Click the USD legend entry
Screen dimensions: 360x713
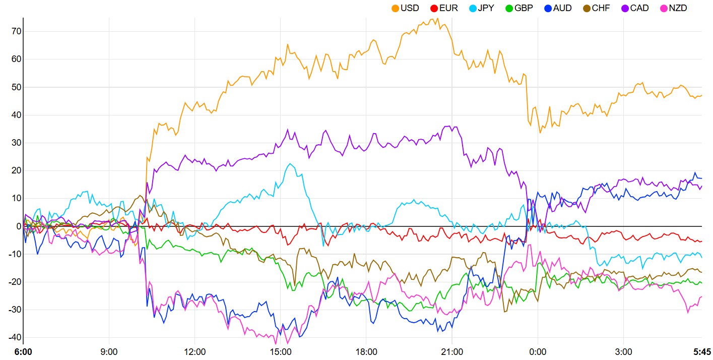(405, 8)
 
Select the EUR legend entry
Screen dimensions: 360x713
(443, 8)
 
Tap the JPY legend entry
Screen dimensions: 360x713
(481, 8)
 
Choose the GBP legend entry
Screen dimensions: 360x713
(520, 8)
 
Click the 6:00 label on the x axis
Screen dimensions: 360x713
(23, 351)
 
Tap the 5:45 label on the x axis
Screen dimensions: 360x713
(702, 351)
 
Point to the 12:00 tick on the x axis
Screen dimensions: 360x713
(195, 351)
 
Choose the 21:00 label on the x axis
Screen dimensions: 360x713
(452, 351)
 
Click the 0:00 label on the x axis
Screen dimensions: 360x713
(538, 351)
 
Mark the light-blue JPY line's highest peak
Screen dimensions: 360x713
(291, 163)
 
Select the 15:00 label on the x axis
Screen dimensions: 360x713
(281, 351)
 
